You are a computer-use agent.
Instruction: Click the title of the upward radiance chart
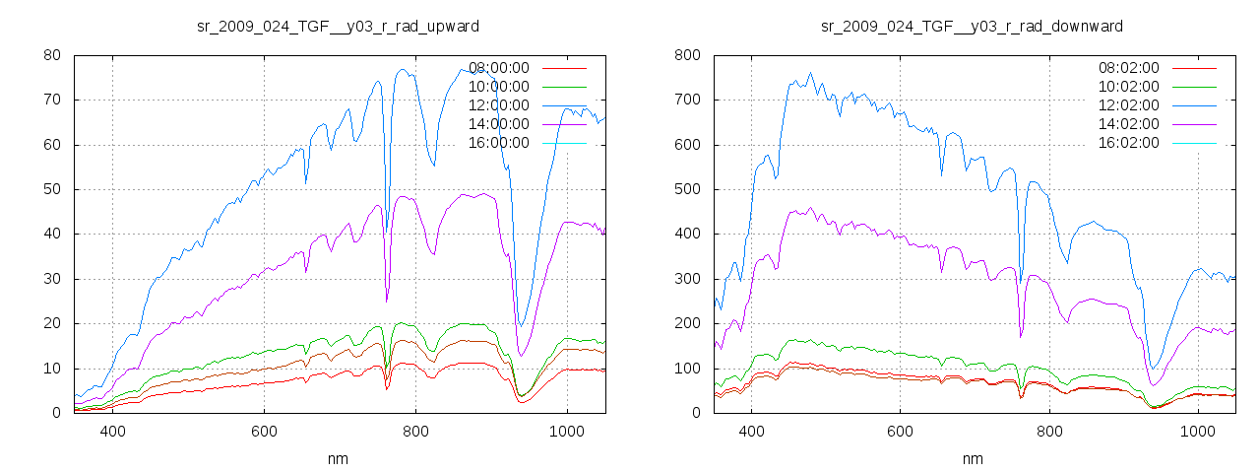(339, 26)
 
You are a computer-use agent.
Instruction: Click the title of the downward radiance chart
(972, 26)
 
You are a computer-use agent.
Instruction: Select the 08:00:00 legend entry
(499, 68)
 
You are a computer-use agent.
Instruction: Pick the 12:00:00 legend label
(499, 105)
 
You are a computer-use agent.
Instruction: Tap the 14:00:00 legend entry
(499, 124)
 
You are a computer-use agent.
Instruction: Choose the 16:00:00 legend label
(499, 143)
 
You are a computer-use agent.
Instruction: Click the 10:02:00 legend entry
(1129, 87)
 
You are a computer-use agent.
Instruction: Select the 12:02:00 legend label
(1129, 105)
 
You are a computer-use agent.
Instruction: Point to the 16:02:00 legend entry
(1129, 143)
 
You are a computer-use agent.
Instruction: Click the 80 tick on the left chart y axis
(53, 55)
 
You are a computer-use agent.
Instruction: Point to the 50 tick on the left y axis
(53, 189)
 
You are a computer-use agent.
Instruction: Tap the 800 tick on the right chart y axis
(687, 55)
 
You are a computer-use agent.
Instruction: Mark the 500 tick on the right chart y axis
(687, 189)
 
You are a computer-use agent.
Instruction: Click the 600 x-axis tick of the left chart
(264, 431)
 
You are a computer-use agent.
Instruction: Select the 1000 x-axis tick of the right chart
(1197, 431)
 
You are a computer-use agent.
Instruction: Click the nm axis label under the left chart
(339, 458)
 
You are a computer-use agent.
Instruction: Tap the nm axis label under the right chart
(973, 458)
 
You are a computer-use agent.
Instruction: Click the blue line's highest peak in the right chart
(810, 73)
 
